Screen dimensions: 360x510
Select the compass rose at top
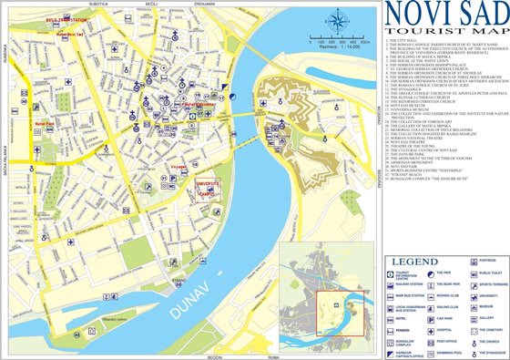tap(342, 18)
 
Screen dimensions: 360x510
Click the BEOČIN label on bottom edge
tap(217, 356)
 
